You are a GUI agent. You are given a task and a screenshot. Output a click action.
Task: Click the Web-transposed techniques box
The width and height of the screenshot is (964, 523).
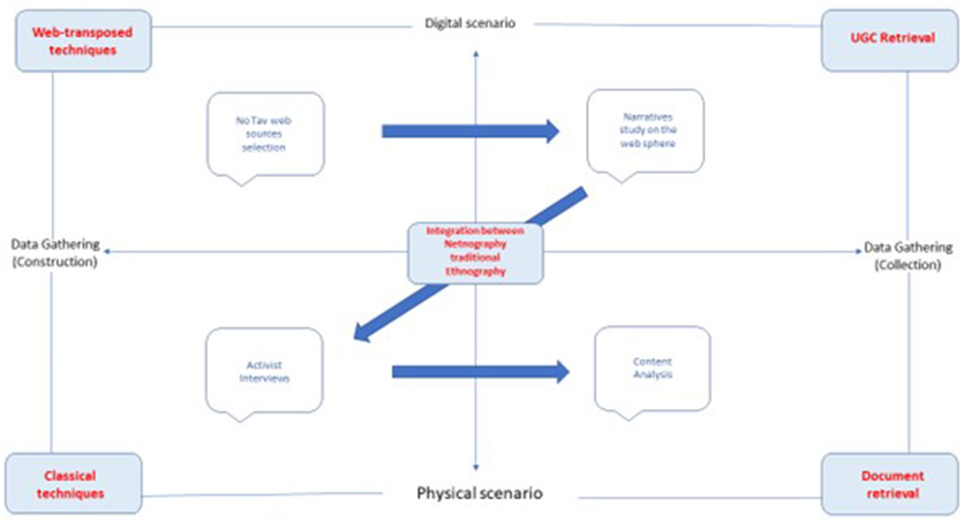tap(83, 41)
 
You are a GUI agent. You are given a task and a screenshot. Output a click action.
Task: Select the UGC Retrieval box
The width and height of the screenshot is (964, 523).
tap(890, 39)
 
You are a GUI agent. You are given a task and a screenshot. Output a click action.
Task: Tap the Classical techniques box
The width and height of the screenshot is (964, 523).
tap(73, 484)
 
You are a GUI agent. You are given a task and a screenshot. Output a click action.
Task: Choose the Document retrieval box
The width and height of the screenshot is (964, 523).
tap(890, 484)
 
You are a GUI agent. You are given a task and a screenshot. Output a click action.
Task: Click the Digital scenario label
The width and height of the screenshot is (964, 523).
tap(470, 23)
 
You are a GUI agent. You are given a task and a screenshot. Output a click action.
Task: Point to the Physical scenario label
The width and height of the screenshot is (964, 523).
tap(479, 493)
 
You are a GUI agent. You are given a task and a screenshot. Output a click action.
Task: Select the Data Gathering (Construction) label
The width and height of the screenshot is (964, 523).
tap(55, 253)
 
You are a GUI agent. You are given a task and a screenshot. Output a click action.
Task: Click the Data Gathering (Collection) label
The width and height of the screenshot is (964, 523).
tap(908, 255)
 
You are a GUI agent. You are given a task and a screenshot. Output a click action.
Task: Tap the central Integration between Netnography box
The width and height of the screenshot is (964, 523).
tap(475, 252)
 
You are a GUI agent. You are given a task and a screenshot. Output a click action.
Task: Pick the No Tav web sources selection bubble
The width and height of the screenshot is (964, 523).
tap(265, 134)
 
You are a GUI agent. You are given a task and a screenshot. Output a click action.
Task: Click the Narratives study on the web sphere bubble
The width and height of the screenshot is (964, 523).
tap(646, 131)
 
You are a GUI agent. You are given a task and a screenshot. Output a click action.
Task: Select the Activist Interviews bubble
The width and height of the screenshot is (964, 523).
tap(264, 371)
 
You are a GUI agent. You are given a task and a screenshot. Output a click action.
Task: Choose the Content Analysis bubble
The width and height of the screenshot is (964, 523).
tap(652, 368)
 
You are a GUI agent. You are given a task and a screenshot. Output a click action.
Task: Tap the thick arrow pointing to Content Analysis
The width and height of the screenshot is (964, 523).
tap(479, 372)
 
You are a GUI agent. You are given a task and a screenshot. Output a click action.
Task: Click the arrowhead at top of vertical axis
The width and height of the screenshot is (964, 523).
tap(476, 54)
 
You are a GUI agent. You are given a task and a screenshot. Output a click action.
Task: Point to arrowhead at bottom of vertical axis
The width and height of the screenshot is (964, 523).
tap(476, 467)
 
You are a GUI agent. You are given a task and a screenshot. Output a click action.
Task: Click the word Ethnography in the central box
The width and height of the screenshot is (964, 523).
tap(475, 271)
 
